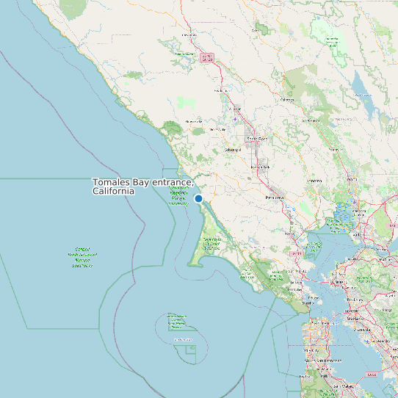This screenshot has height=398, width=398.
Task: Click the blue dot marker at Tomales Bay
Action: pos(198,198)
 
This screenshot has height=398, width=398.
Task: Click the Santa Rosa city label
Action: pos(257,138)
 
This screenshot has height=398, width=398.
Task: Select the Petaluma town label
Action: pos(274,198)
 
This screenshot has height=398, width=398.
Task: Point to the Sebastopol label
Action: pos(233,150)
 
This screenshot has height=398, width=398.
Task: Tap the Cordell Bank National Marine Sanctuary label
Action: pos(82,258)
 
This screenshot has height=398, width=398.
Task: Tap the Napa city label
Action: pos(352,178)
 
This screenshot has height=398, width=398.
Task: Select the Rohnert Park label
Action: pos(261,167)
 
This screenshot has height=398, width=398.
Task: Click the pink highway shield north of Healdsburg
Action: pos(207,57)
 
